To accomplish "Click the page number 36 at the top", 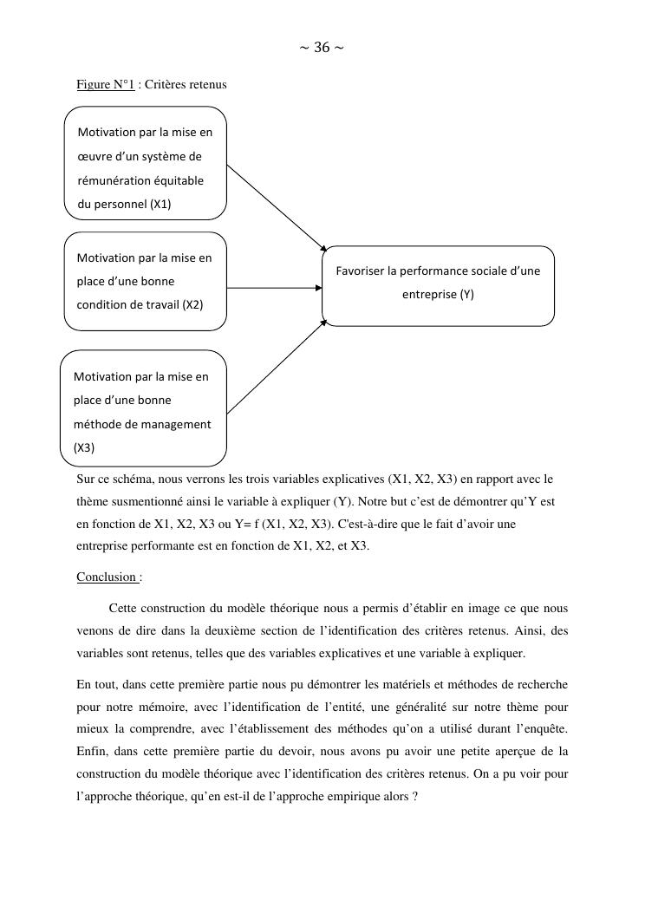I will [x=321, y=48].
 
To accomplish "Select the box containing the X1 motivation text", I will [x=146, y=163].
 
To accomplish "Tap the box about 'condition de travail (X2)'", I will [x=146, y=281].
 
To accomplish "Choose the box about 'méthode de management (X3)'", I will [x=143, y=408].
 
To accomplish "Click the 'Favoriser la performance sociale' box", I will [x=438, y=285].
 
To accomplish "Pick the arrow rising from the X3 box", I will [x=277, y=366].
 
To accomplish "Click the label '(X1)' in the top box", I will [x=160, y=205].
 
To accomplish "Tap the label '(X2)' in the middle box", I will [x=192, y=304].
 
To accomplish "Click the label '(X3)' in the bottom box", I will [x=84, y=448].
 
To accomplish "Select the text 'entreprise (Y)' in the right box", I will [x=438, y=294].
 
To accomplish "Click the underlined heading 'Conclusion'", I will [x=107, y=577].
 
